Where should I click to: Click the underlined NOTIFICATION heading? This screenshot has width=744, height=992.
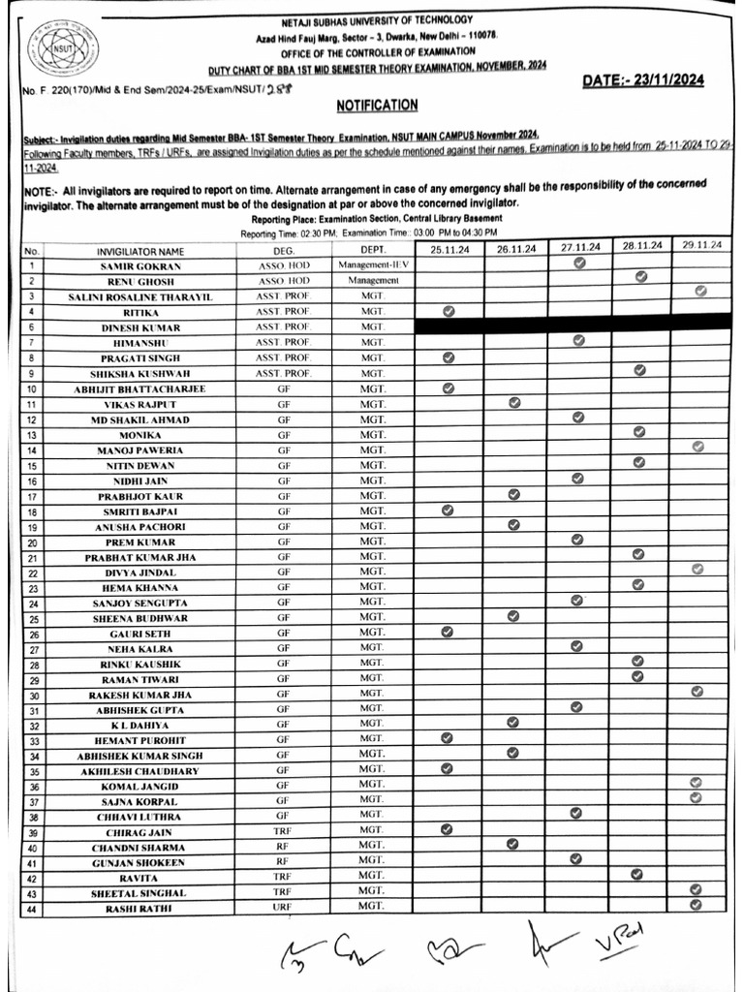pos(377,105)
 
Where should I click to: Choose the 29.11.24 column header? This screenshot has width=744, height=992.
pos(700,246)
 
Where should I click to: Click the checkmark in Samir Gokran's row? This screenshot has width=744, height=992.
pos(578,263)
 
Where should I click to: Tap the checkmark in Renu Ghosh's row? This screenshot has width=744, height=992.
pos(639,277)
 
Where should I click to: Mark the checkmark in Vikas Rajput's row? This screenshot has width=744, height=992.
pos(513,402)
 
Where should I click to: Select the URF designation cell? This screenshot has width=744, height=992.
pos(283,907)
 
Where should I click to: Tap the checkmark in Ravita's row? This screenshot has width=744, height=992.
pos(636,874)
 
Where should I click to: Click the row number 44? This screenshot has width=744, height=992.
pos(32,909)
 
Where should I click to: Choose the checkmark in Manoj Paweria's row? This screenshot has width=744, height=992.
pos(697,447)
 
